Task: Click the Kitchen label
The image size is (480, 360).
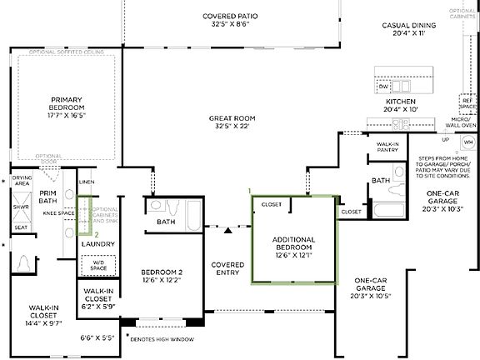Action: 402,105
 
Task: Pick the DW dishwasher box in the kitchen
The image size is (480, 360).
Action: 383,87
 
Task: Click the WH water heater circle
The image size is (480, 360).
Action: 467,142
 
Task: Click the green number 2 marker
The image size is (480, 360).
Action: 97,234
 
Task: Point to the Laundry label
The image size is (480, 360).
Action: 99,244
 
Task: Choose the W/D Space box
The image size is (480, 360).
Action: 99,266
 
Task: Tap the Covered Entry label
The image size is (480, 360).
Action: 227,268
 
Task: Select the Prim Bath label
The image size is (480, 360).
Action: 47,196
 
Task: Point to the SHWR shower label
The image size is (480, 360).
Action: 21,207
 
